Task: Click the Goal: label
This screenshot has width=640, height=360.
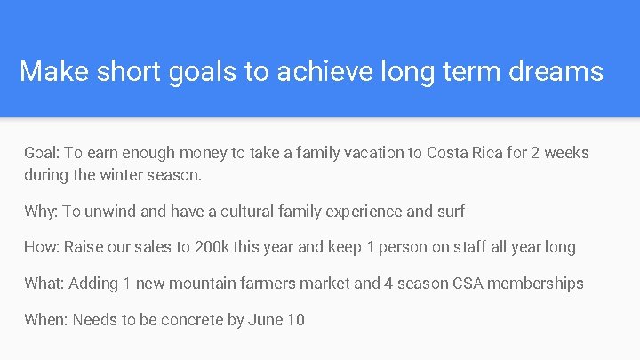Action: pos(43,153)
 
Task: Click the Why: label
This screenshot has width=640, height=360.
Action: pos(41,212)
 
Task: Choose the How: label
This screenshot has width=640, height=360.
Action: pos(42,247)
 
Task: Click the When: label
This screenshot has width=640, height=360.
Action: pos(46,319)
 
